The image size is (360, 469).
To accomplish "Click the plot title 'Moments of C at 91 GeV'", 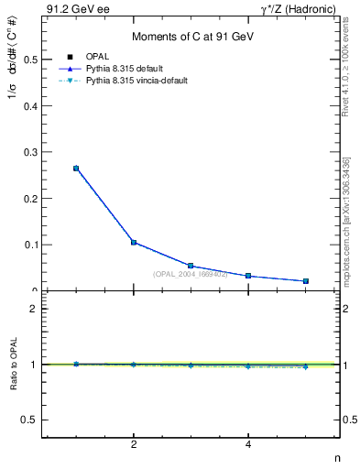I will (191, 37).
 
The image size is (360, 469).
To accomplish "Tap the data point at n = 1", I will (76, 169).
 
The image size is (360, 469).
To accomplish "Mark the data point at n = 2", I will (134, 243).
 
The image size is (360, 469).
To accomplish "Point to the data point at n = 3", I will (191, 266).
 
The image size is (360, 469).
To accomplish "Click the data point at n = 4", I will (248, 276).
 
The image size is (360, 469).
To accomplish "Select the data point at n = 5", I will (305, 281).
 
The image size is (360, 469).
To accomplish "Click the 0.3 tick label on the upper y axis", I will (27, 152).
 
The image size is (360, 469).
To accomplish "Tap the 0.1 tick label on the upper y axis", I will (27, 245).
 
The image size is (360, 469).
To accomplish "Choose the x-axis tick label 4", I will (248, 445).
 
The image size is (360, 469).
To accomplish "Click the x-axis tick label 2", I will (134, 445).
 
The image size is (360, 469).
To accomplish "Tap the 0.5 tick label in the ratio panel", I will (27, 420).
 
